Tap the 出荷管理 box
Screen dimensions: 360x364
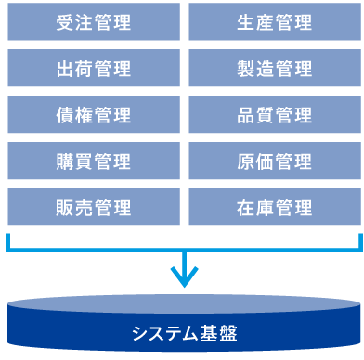click(x=94, y=69)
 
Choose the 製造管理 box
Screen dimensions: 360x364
click(x=275, y=69)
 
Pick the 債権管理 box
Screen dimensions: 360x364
click(x=94, y=115)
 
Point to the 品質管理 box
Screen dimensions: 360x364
click(x=275, y=115)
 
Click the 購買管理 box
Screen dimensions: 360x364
click(x=94, y=161)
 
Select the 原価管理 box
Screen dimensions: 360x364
click(x=275, y=161)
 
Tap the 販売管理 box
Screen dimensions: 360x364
click(x=94, y=206)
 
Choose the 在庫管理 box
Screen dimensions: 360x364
click(x=275, y=206)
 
